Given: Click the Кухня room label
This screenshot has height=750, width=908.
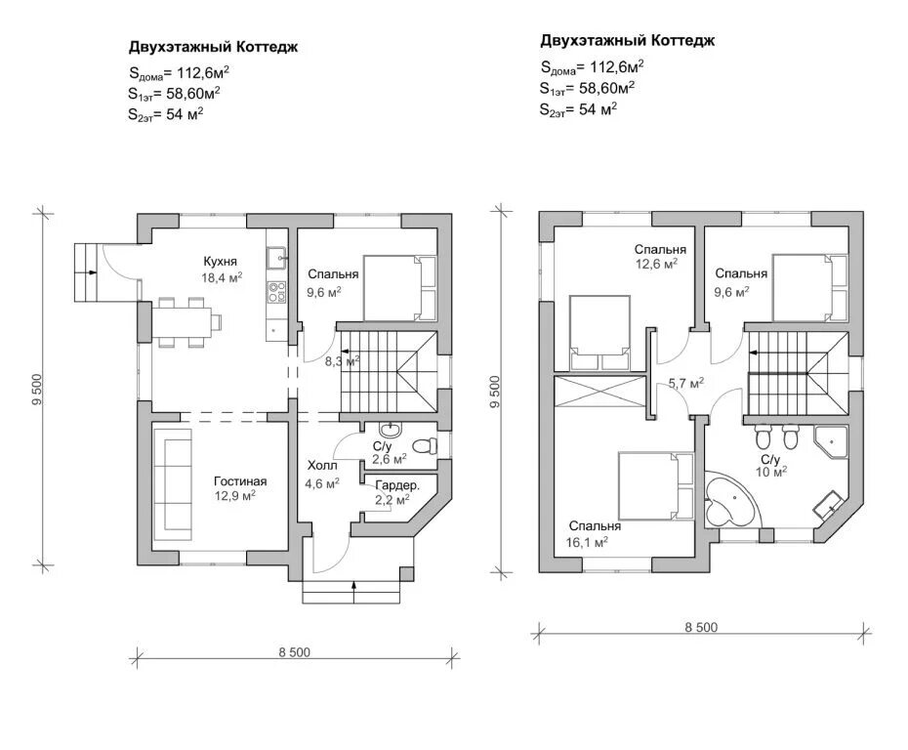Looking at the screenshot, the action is click(220, 262).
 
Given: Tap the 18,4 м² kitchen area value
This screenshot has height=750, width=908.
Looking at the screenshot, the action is click(222, 277).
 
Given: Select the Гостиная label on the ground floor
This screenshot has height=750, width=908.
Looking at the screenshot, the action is click(240, 480).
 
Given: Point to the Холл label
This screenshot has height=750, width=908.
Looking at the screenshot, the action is click(322, 465).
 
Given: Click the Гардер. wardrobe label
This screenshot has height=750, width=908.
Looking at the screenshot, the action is click(397, 484).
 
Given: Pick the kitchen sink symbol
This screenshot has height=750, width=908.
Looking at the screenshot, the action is click(276, 256).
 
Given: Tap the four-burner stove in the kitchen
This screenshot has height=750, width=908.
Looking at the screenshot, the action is click(276, 292).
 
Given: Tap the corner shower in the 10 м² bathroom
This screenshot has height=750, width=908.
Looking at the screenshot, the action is click(831, 442).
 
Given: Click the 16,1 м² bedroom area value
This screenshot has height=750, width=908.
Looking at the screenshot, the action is click(587, 543).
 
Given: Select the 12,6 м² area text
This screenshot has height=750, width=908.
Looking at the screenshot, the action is click(657, 265).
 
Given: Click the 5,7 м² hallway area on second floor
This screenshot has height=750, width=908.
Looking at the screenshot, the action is click(686, 383).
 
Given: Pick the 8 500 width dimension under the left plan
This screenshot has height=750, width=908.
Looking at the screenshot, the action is click(295, 652).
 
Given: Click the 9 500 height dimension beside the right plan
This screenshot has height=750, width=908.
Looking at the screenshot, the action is click(495, 392).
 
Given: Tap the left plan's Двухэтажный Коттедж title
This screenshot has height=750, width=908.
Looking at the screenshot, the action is click(213, 47).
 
